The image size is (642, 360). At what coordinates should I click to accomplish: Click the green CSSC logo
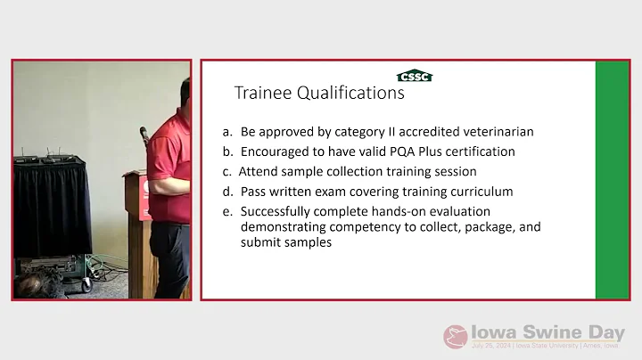click(414, 76)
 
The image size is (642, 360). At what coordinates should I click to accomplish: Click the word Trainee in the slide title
click(262, 93)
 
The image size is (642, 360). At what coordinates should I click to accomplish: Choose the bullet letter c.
click(227, 171)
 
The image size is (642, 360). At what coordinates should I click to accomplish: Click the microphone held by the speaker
click(143, 135)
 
